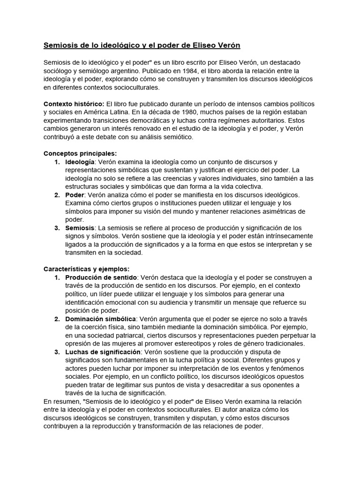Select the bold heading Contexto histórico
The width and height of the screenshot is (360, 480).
tap(74, 104)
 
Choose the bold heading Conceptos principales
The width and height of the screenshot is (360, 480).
tap(80, 153)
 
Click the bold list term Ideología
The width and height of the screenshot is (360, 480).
tap(79, 162)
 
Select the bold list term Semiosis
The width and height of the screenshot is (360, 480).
tap(80, 227)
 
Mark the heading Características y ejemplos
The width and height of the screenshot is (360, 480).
tap(86, 269)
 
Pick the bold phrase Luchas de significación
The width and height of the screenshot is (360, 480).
tap(103, 351)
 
